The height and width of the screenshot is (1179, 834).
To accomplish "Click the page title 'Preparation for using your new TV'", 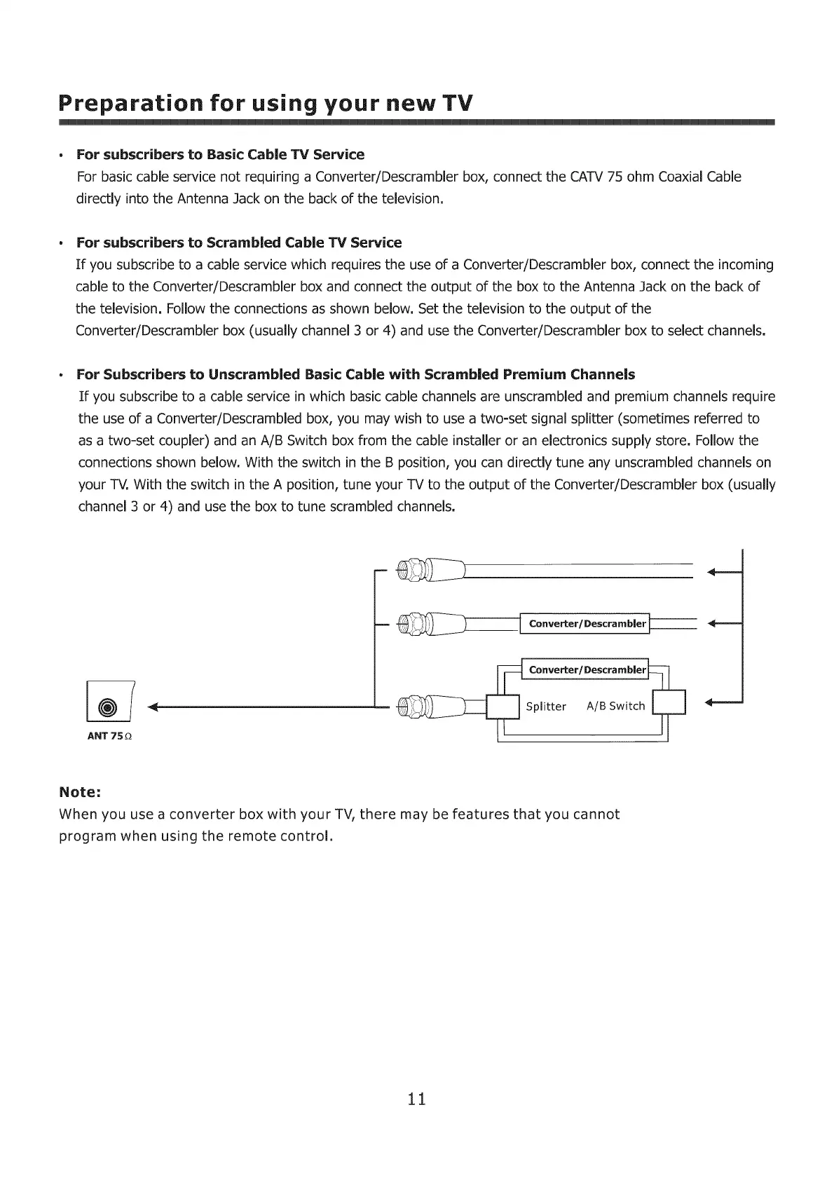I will [266, 104].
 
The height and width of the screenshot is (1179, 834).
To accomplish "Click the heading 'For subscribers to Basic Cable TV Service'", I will [220, 154].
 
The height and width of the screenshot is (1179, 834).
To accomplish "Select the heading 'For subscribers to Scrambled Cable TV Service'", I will [239, 243].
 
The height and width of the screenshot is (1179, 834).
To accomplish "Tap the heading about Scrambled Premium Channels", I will [355, 374].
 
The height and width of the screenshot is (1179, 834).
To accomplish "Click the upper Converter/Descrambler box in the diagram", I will [586, 623].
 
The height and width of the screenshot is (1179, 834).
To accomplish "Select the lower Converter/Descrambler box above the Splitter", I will [586, 669].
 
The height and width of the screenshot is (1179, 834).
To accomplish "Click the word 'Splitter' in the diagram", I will [545, 707].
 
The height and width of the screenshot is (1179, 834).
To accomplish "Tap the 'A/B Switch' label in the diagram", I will [615, 706].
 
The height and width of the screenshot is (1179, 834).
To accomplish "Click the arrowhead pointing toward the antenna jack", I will [154, 707].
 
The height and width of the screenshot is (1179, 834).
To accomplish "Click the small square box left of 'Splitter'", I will [503, 707].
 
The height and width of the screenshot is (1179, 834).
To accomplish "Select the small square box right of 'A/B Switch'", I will [669, 703].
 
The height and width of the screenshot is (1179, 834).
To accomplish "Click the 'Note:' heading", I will [81, 792].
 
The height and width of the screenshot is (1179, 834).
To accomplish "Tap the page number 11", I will [416, 1098].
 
